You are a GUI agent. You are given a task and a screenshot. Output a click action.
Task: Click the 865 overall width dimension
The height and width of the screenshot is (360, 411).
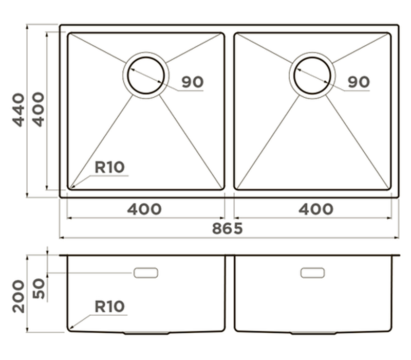tap(227, 228)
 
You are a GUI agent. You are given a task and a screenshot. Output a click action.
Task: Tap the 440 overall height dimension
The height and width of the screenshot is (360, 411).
tap(18, 110)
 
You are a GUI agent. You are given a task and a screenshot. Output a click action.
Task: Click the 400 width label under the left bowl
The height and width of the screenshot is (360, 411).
tap(144, 209)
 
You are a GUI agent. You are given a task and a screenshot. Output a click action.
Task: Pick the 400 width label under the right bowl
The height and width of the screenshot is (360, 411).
tap(316, 209)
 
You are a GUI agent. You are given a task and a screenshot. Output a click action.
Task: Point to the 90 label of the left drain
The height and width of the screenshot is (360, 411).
tap(192, 82)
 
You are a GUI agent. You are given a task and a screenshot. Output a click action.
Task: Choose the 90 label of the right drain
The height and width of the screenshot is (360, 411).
tap(359, 82)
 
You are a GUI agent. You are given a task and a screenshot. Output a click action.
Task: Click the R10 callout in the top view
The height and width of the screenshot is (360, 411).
tap(109, 167)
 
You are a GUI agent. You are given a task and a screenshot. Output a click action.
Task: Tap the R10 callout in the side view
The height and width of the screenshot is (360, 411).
tap(109, 306)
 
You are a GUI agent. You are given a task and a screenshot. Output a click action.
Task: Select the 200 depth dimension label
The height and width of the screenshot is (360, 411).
tap(18, 296)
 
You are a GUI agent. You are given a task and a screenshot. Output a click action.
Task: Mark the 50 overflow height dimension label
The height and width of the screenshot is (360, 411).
tap(39, 289)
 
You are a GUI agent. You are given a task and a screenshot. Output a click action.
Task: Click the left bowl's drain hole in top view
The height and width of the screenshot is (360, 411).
tap(146, 75)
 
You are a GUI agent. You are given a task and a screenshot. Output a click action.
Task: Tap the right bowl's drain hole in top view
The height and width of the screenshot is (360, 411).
tap(312, 75)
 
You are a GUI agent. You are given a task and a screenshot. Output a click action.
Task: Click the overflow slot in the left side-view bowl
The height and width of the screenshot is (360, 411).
tap(146, 273)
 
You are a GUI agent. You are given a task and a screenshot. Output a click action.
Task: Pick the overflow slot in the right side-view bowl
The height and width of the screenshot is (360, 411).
tap(312, 273)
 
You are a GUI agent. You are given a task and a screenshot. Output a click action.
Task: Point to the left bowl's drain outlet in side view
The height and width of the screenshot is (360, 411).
tap(147, 333)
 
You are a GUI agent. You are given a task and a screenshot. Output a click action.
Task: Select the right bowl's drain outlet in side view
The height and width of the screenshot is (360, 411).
tap(313, 333)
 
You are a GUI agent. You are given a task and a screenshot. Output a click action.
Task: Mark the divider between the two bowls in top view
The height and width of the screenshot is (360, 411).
tap(229, 111)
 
